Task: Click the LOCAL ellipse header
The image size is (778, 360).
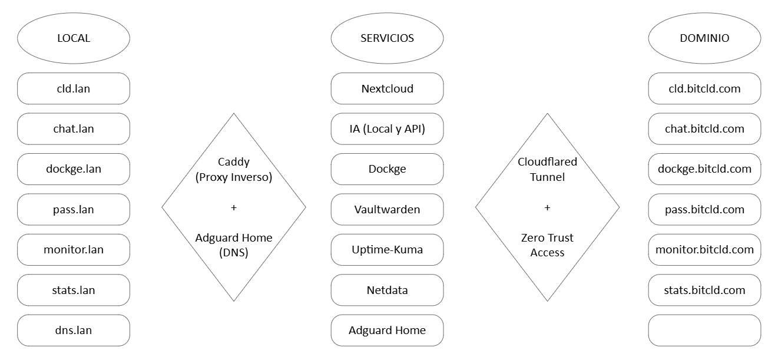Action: [74, 38]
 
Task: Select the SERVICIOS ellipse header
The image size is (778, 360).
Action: [387, 38]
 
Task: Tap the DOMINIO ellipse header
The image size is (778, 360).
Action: [704, 38]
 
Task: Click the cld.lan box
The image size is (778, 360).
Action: [74, 89]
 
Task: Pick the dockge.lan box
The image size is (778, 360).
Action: [74, 169]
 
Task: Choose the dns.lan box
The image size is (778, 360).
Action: [74, 330]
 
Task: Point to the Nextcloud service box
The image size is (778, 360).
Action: [387, 89]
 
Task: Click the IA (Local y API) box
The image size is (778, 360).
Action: [387, 129]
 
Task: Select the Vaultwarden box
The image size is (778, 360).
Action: [387, 209]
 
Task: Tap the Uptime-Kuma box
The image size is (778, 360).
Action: [387, 249]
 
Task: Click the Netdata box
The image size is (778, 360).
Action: [387, 290]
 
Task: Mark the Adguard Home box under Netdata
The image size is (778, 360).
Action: [387, 330]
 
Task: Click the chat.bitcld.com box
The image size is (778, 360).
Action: [704, 129]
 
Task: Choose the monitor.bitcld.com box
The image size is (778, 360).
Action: [704, 249]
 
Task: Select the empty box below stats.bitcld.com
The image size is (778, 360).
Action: [704, 330]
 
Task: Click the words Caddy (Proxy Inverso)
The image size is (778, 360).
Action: [234, 170]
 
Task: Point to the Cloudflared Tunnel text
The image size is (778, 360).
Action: [547, 169]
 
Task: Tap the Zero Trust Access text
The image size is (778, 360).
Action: [547, 245]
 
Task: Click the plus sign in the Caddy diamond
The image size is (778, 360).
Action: [234, 207]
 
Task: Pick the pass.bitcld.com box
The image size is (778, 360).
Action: [704, 209]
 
